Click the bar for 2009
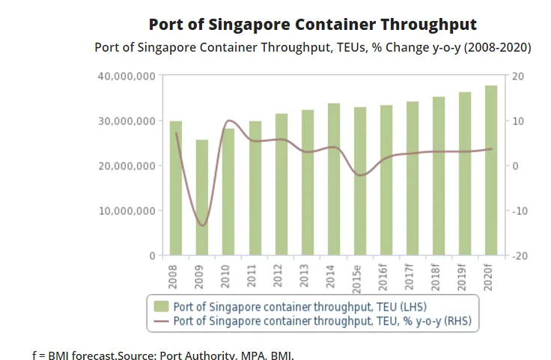point(202,198)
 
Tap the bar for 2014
point(334,180)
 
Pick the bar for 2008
point(176,188)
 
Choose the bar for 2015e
point(360,181)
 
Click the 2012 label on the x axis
point(281,275)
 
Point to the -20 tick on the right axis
point(519,256)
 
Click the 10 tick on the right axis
point(517,121)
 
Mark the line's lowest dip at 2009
point(202,225)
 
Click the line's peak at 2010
point(229,120)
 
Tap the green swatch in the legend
point(161,307)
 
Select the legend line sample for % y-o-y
point(161,321)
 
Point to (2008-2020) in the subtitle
point(491,47)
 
